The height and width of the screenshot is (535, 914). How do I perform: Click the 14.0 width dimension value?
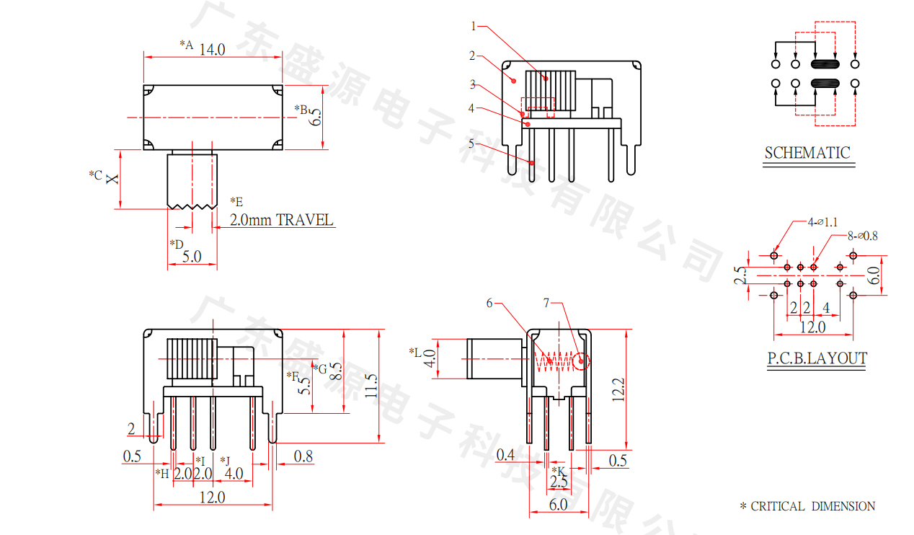click(212, 50)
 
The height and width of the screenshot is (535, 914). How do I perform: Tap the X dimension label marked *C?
click(112, 177)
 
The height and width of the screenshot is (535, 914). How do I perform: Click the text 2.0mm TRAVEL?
click(282, 220)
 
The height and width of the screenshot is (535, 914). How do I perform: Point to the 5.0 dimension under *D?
click(191, 256)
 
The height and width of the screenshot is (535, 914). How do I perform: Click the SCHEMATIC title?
click(807, 153)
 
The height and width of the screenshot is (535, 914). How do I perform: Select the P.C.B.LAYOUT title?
click(817, 358)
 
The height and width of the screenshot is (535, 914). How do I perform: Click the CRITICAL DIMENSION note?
click(813, 507)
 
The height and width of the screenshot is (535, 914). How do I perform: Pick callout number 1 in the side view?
click(474, 27)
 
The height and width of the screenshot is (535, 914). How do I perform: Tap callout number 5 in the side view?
click(471, 143)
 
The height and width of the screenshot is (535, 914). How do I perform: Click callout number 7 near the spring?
click(547, 304)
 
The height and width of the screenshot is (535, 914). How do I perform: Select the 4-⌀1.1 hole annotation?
click(822, 223)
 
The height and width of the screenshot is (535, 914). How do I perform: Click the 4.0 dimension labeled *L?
click(430, 358)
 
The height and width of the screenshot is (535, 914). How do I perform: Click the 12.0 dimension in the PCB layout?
click(812, 327)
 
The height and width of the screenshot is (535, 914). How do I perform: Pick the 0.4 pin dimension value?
click(506, 454)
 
